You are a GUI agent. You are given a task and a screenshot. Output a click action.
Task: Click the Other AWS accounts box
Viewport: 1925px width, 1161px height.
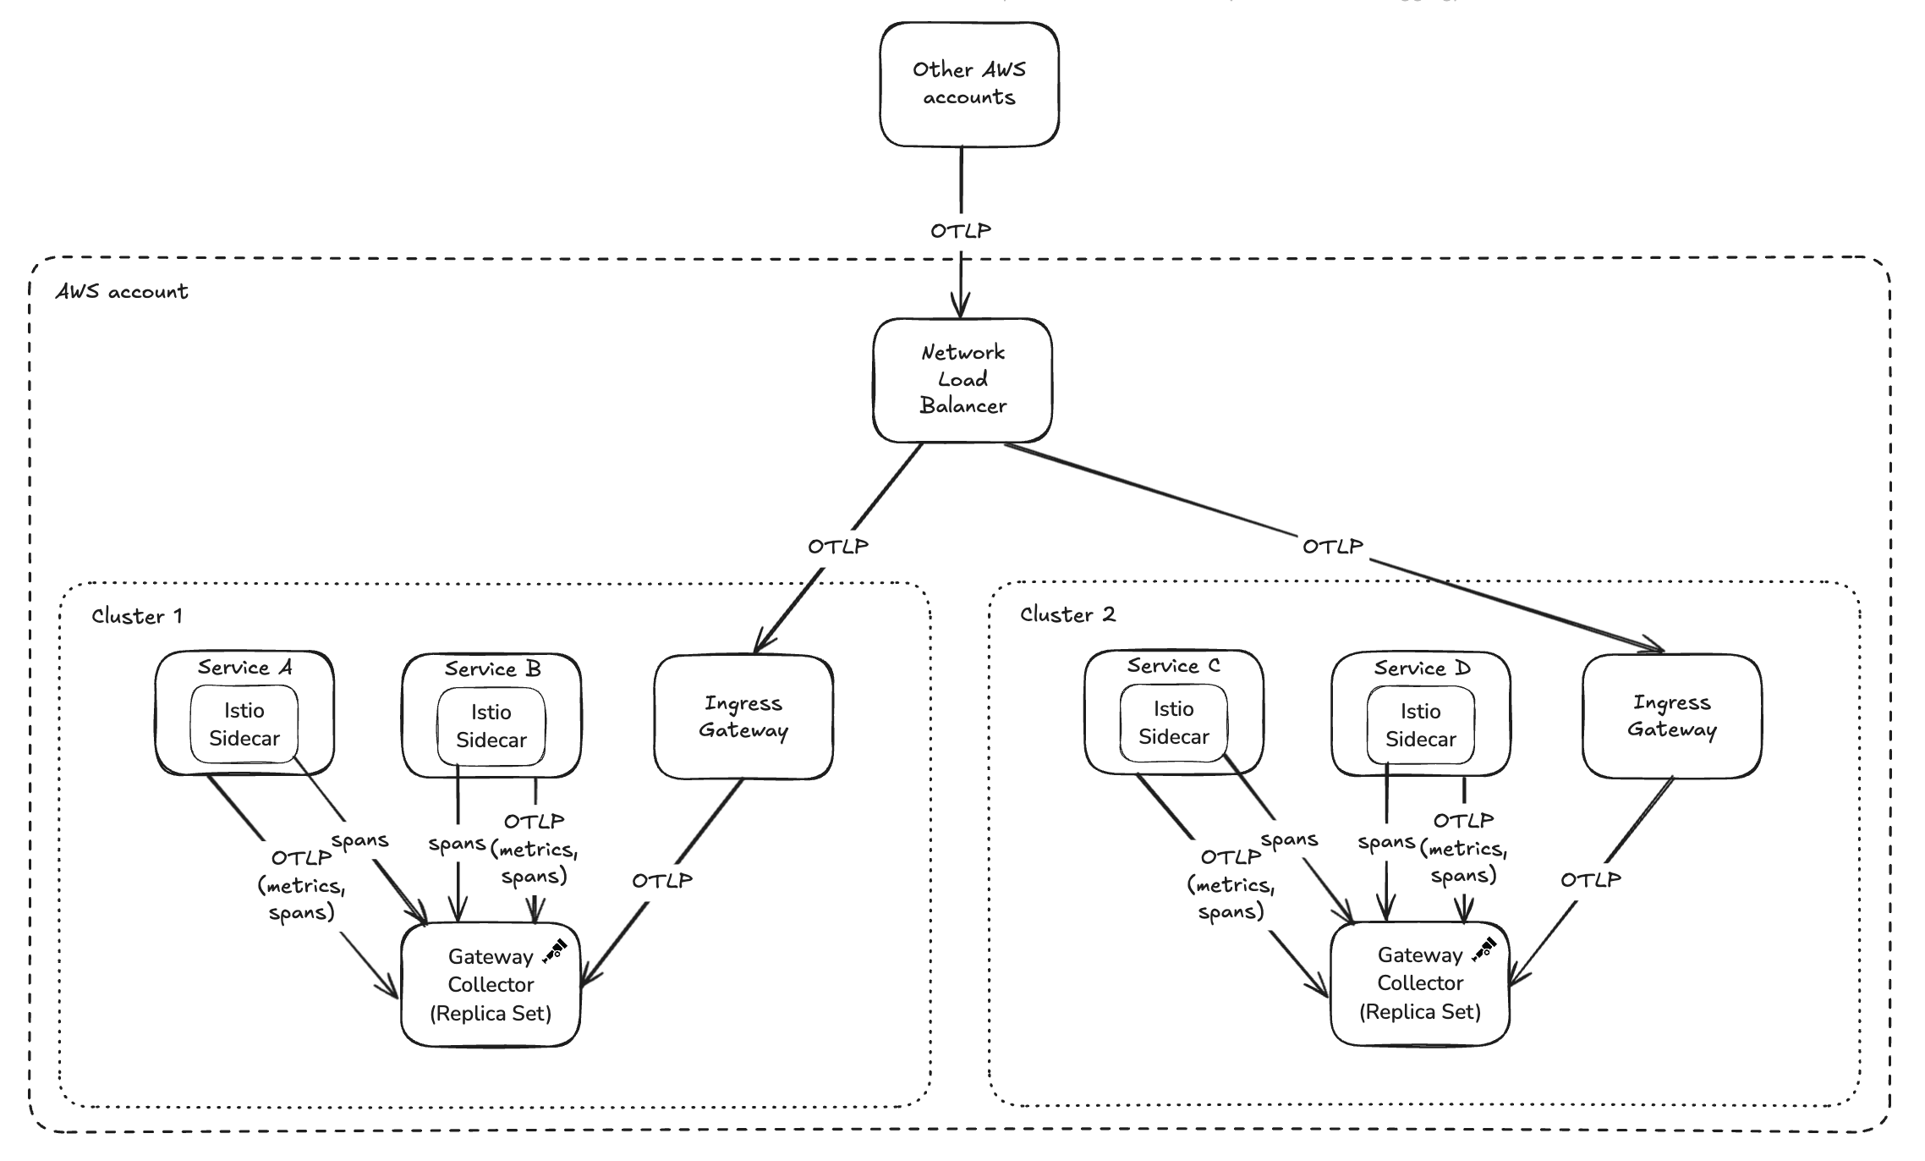[x=968, y=84]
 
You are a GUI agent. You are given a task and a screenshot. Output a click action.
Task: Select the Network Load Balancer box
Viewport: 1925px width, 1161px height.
[x=962, y=380]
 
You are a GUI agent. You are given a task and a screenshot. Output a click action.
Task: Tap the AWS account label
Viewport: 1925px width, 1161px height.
[x=122, y=292]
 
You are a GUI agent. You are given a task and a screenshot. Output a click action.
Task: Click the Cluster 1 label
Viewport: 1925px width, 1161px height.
[x=137, y=616]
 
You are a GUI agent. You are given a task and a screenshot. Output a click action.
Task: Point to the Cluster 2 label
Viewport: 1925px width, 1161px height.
[x=1067, y=614]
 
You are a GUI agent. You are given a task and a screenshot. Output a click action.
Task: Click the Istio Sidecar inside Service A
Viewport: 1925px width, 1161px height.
[x=244, y=724]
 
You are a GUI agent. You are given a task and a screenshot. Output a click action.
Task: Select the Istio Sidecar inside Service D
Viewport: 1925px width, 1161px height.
[x=1420, y=725]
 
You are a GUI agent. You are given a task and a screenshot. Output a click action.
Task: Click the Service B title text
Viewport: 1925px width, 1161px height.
[x=492, y=669]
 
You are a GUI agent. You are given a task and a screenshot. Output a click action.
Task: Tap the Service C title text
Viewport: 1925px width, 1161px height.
[x=1173, y=666]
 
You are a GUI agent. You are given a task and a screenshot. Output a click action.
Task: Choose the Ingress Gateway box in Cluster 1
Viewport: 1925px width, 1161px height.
[x=743, y=717]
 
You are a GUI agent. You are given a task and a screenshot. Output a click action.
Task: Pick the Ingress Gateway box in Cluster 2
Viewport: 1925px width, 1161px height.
[x=1671, y=716]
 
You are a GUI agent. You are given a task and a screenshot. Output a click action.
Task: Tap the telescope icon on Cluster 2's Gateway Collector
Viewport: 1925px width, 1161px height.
[x=1484, y=949]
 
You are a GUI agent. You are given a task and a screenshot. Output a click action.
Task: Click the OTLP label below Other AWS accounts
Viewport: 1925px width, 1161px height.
[x=961, y=231]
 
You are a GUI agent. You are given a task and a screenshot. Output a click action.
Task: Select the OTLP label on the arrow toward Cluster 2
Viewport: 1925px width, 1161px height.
[x=1332, y=547]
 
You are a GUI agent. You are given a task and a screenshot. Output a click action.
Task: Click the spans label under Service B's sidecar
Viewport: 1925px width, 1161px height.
[x=457, y=844]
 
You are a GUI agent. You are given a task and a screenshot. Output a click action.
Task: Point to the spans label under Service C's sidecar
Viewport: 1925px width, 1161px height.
[x=1289, y=840]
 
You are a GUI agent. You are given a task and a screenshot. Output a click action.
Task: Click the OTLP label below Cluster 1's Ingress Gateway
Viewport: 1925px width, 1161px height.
[x=662, y=881]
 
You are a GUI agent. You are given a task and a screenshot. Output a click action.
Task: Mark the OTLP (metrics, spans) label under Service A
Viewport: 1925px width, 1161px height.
[x=301, y=885]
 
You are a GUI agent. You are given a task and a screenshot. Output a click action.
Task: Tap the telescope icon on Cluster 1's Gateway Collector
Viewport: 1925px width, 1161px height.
[x=554, y=951]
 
